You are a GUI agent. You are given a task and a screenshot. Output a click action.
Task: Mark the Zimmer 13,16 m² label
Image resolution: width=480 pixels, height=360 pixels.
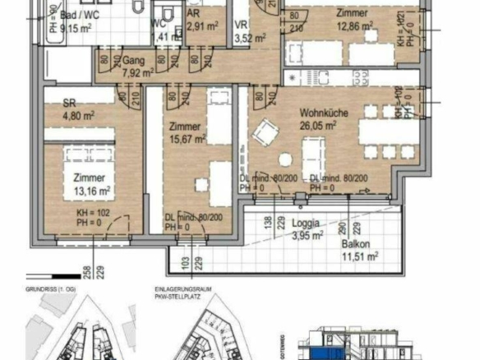[x=90, y=186]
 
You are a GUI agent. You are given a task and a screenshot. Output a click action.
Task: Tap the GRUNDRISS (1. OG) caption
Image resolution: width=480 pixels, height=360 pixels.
[x=51, y=288]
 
